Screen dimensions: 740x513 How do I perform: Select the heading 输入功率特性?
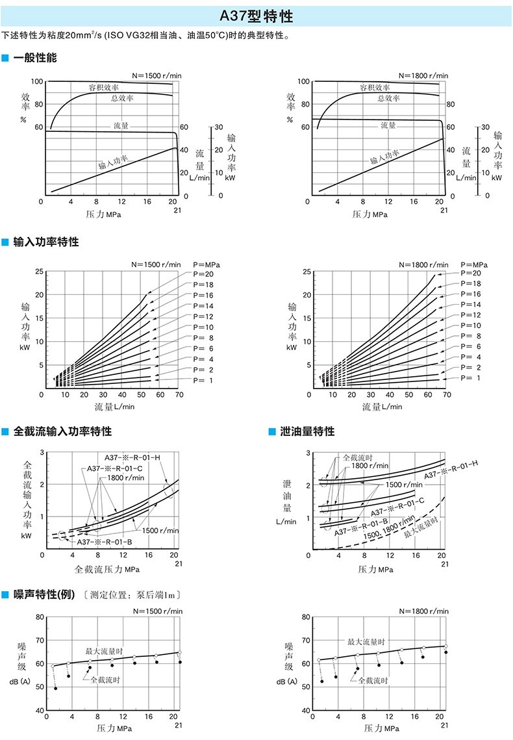click(45, 242)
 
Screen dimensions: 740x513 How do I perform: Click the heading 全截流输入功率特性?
click(62, 431)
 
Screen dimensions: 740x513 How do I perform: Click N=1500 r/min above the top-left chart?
click(156, 75)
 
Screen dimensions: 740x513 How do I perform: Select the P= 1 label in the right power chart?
click(471, 378)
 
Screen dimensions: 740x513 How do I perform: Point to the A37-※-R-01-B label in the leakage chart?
click(361, 528)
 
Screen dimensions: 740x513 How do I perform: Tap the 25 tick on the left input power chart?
click(40, 272)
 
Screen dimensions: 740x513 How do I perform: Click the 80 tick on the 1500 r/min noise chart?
click(40, 617)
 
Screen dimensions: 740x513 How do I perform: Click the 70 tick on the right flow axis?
click(447, 394)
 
